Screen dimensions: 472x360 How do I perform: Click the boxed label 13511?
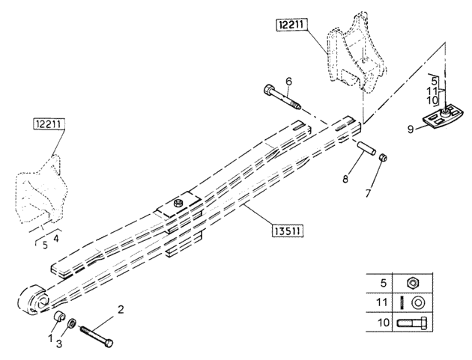point(287,231)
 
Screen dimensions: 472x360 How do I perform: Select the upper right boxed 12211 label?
point(291,24)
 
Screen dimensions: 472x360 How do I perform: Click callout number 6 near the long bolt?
point(288,81)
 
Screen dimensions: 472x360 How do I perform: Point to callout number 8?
point(345,179)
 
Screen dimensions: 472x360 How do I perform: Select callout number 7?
point(368,193)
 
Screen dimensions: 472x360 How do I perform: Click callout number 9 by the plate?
point(411,129)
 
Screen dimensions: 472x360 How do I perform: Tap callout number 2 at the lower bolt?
point(121,309)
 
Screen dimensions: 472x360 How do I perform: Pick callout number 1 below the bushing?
point(50,338)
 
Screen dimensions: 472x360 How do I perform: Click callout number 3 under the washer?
point(59,344)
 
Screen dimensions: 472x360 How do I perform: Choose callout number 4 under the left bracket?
point(56,239)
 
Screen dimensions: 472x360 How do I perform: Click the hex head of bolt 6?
point(268,90)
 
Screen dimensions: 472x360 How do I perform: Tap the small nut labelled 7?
point(383,157)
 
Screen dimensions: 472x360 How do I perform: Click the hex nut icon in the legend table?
point(412,283)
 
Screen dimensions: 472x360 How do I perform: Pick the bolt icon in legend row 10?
point(411,323)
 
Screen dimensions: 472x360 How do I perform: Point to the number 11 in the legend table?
point(381,302)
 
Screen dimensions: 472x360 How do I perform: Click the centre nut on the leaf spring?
point(178,204)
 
